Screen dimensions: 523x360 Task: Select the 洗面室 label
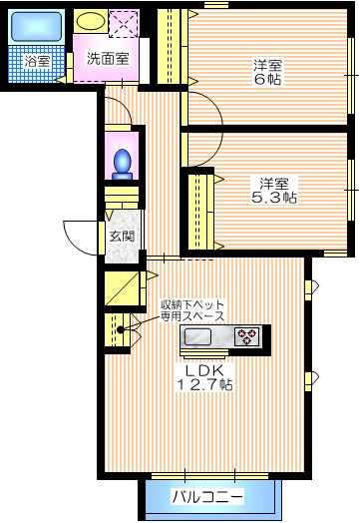click(106, 58)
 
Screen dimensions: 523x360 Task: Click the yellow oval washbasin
click(91, 21)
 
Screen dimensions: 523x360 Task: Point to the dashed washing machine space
click(126, 22)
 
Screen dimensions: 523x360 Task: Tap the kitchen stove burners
click(246, 337)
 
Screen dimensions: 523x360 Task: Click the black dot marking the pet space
click(121, 329)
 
